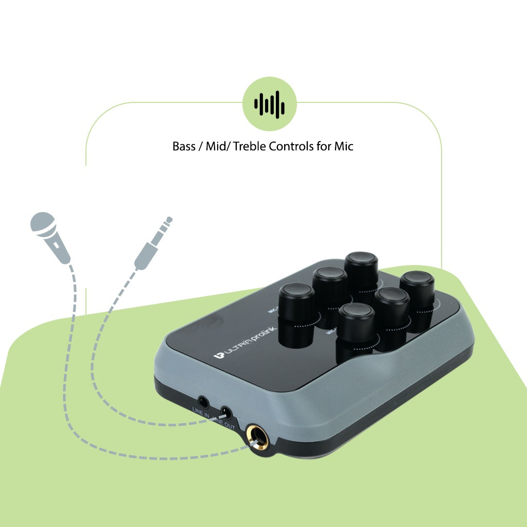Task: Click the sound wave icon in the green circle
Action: pyautogui.click(x=270, y=104)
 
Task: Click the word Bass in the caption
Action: pyautogui.click(x=184, y=146)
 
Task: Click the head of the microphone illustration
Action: pyautogui.click(x=42, y=223)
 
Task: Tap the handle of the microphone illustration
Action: pyautogui.click(x=59, y=250)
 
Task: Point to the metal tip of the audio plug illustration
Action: pyautogui.click(x=167, y=222)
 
